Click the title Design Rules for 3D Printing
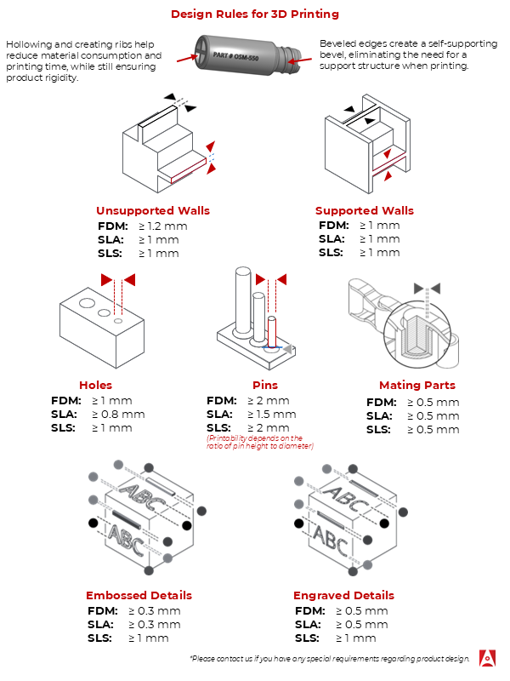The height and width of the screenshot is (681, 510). pos(255,14)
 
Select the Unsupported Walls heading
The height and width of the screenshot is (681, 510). pos(153,210)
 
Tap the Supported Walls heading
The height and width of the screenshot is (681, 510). pos(365,210)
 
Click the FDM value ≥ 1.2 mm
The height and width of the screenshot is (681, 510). pos(163,226)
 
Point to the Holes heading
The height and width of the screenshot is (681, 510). pos(95,386)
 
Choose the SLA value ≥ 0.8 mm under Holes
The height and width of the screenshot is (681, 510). pos(118,415)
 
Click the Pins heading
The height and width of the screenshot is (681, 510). pos(265,386)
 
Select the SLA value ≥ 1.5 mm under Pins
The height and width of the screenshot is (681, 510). pos(272,415)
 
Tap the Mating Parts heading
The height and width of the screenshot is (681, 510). pos(417,386)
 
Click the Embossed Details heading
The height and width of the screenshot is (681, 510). pos(139,595)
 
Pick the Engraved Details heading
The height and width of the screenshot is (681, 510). pos(343,595)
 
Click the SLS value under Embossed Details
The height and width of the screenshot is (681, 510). pos(149,638)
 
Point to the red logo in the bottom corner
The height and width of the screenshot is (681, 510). pos(487,658)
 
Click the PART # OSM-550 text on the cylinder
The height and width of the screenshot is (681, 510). pos(235,56)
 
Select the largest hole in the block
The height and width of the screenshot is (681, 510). pos(87,303)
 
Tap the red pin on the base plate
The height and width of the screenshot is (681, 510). pos(272,332)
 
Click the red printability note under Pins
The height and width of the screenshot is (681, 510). pos(260,442)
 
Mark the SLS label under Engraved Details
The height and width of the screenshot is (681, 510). pos(307,638)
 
